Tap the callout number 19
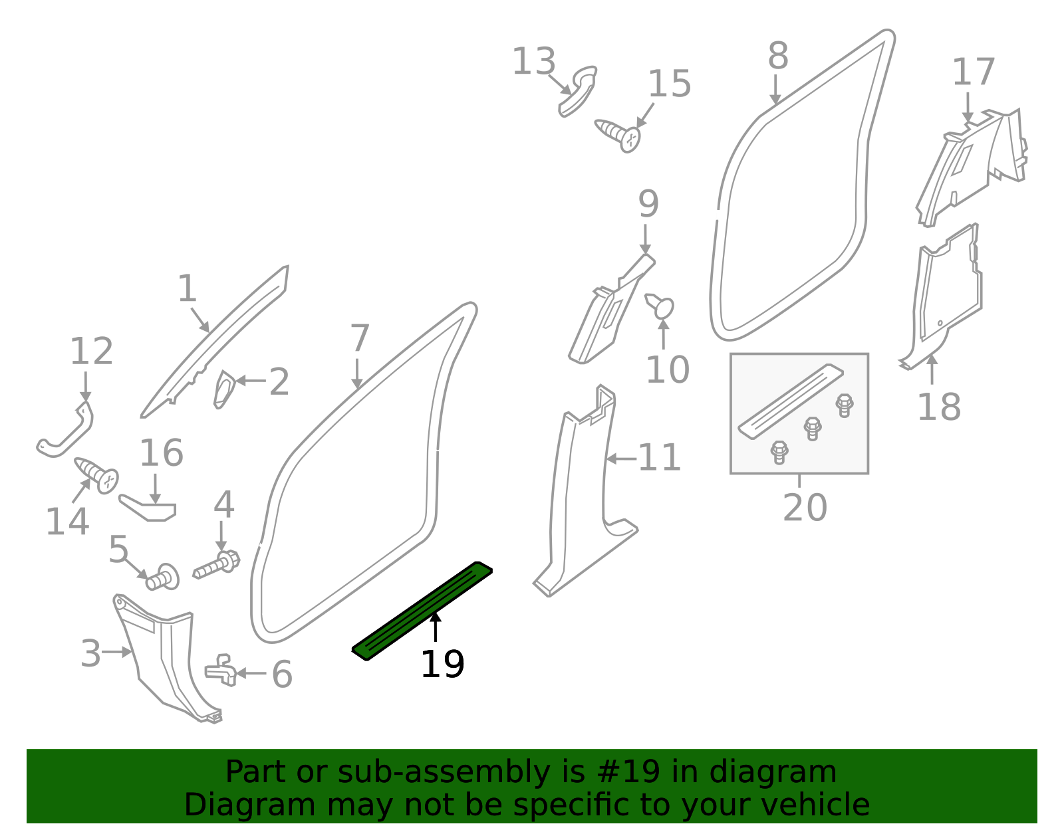[442, 665]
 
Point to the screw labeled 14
[97, 474]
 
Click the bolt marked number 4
[217, 565]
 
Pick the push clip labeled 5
[162, 577]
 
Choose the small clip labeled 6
[221, 671]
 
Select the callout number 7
[359, 338]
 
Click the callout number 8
[777, 56]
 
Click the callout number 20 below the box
[805, 508]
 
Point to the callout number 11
[659, 458]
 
